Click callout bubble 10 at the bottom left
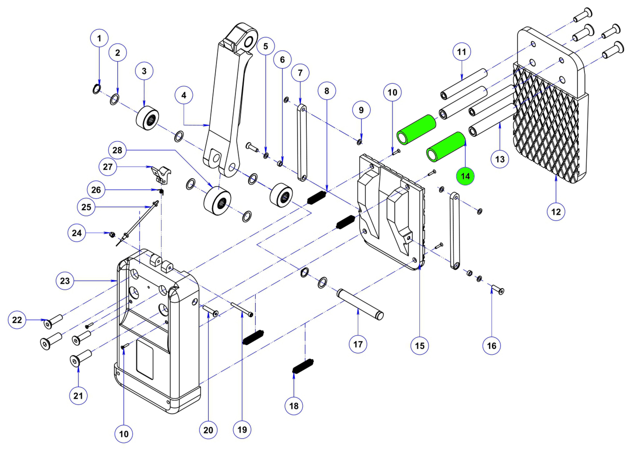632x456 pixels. tap(124, 434)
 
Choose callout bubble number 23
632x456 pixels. tap(65, 281)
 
